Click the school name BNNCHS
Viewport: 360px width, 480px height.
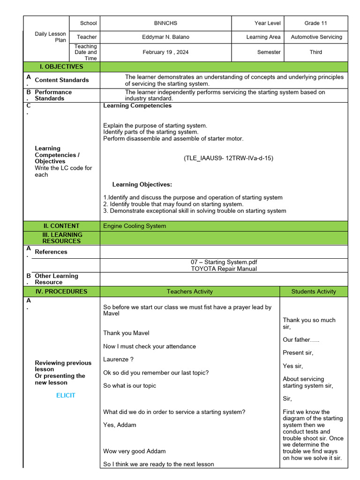(x=165, y=23)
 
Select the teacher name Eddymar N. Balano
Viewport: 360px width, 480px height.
(x=165, y=37)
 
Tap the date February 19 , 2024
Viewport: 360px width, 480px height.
(x=165, y=52)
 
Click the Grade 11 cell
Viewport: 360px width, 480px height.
(x=315, y=23)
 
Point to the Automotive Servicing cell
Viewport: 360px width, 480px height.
(x=316, y=37)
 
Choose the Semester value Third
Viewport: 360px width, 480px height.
(x=315, y=52)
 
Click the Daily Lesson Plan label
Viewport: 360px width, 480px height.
(x=50, y=37)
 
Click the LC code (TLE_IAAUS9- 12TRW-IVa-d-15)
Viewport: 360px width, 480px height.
(x=228, y=158)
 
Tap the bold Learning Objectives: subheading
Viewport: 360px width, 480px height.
(x=142, y=185)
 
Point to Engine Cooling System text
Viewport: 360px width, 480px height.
(x=135, y=226)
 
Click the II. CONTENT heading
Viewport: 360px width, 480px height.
(x=62, y=226)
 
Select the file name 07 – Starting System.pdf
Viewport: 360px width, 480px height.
(x=224, y=262)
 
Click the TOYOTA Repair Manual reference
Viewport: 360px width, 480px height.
(x=224, y=269)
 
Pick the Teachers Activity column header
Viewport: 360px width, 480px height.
(x=189, y=292)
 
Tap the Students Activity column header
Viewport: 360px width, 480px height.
(x=314, y=292)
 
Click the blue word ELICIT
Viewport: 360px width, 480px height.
(x=66, y=395)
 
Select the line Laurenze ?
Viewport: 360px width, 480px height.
(x=118, y=360)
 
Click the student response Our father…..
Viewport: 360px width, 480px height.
(x=300, y=339)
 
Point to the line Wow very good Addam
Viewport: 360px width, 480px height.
(x=134, y=451)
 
